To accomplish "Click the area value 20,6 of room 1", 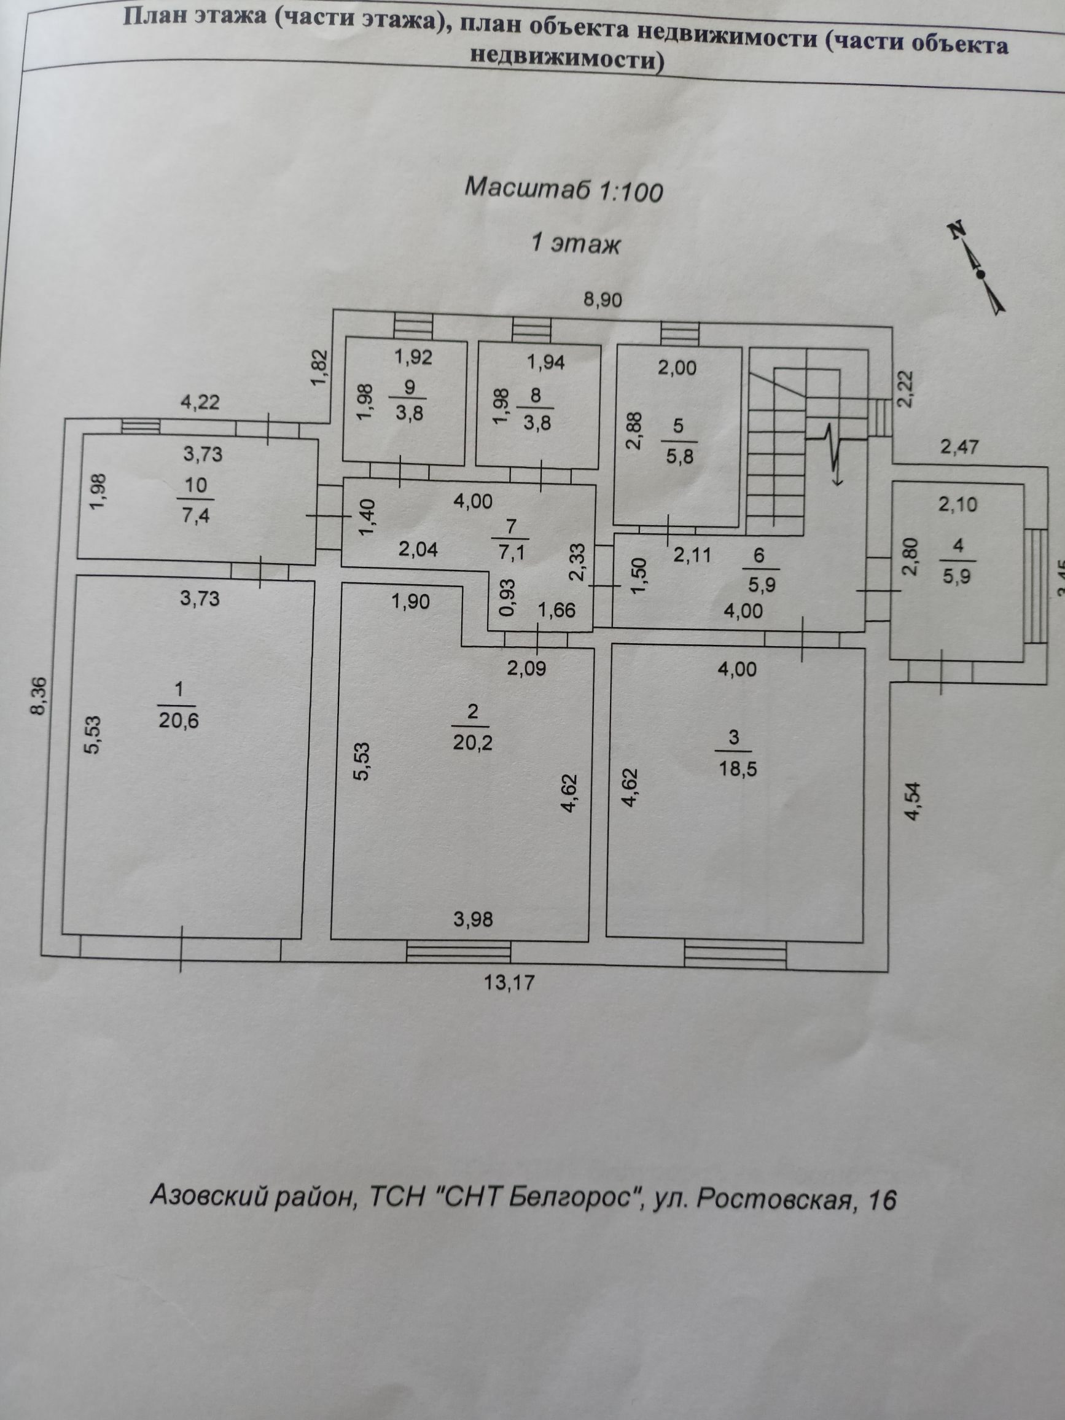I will pos(179,720).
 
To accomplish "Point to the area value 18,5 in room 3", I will pos(738,768).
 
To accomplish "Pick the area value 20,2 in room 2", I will pos(472,742).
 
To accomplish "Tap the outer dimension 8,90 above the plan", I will pos(601,299).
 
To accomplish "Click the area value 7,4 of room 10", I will pos(196,515).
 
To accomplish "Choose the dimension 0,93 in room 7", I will pos(507,598).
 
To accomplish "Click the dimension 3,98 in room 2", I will pos(473,919).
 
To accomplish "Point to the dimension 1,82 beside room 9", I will pos(321,368).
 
